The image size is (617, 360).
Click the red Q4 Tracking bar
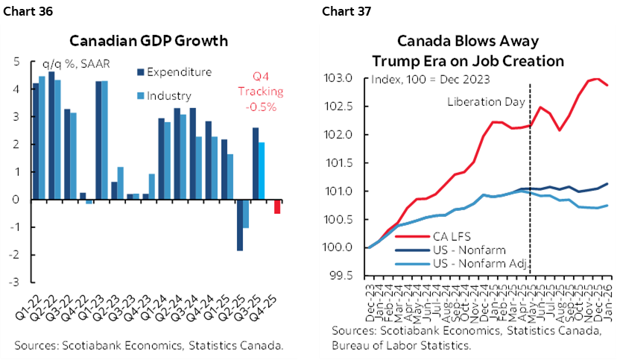[276, 206]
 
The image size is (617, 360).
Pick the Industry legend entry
[169, 95]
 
